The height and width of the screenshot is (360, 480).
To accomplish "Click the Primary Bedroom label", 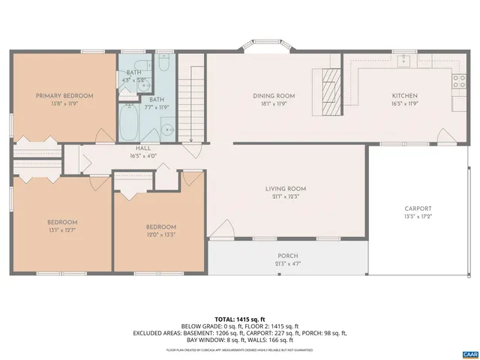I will point(65,96).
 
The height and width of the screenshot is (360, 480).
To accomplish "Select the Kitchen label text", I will point(405,96).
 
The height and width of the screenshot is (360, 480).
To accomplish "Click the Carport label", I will point(418,208).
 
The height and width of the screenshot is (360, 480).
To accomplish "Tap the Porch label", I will point(287,256).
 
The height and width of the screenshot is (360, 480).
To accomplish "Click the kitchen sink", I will point(404,61).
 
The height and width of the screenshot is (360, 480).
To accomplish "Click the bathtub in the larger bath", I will point(130,121).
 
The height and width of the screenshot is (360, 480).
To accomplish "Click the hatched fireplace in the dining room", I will point(330,86).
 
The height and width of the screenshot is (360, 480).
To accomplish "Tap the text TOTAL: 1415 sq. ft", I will point(240,319).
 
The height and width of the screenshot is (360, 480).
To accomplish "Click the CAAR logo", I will point(469,352).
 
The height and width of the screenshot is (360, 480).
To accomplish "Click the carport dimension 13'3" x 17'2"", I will point(418,217).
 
